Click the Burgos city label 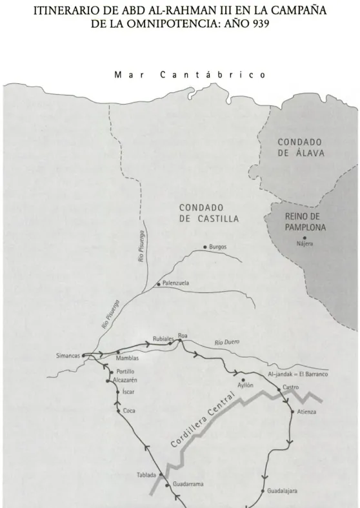pyautogui.click(x=218, y=247)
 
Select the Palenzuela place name pyautogui.click(x=176, y=283)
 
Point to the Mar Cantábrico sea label pyautogui.click(x=180, y=74)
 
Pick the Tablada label pyautogui.click(x=146, y=475)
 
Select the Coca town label pyautogui.click(x=128, y=411)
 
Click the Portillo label pyautogui.click(x=125, y=372)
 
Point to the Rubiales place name pyautogui.click(x=164, y=338)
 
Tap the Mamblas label pyautogui.click(x=127, y=358)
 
